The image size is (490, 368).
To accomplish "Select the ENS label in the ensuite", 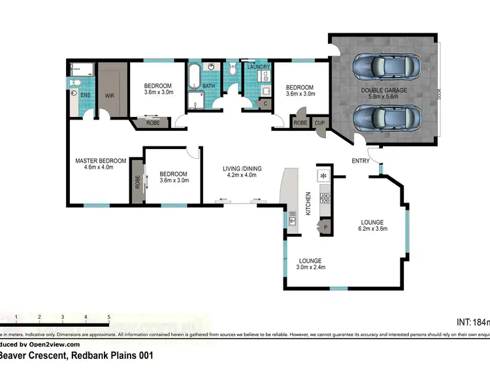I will point(85,96).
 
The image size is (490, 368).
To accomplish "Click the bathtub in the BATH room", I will point(195,76).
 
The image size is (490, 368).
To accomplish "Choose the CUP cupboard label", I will point(320,122).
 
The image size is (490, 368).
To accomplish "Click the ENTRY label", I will point(361,161).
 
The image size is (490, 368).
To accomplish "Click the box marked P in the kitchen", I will point(325,227).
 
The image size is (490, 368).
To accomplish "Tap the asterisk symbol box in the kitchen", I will point(323,175).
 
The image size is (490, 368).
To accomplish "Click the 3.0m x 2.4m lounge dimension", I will point(311,267).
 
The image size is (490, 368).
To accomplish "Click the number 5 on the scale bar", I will point(108,316).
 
